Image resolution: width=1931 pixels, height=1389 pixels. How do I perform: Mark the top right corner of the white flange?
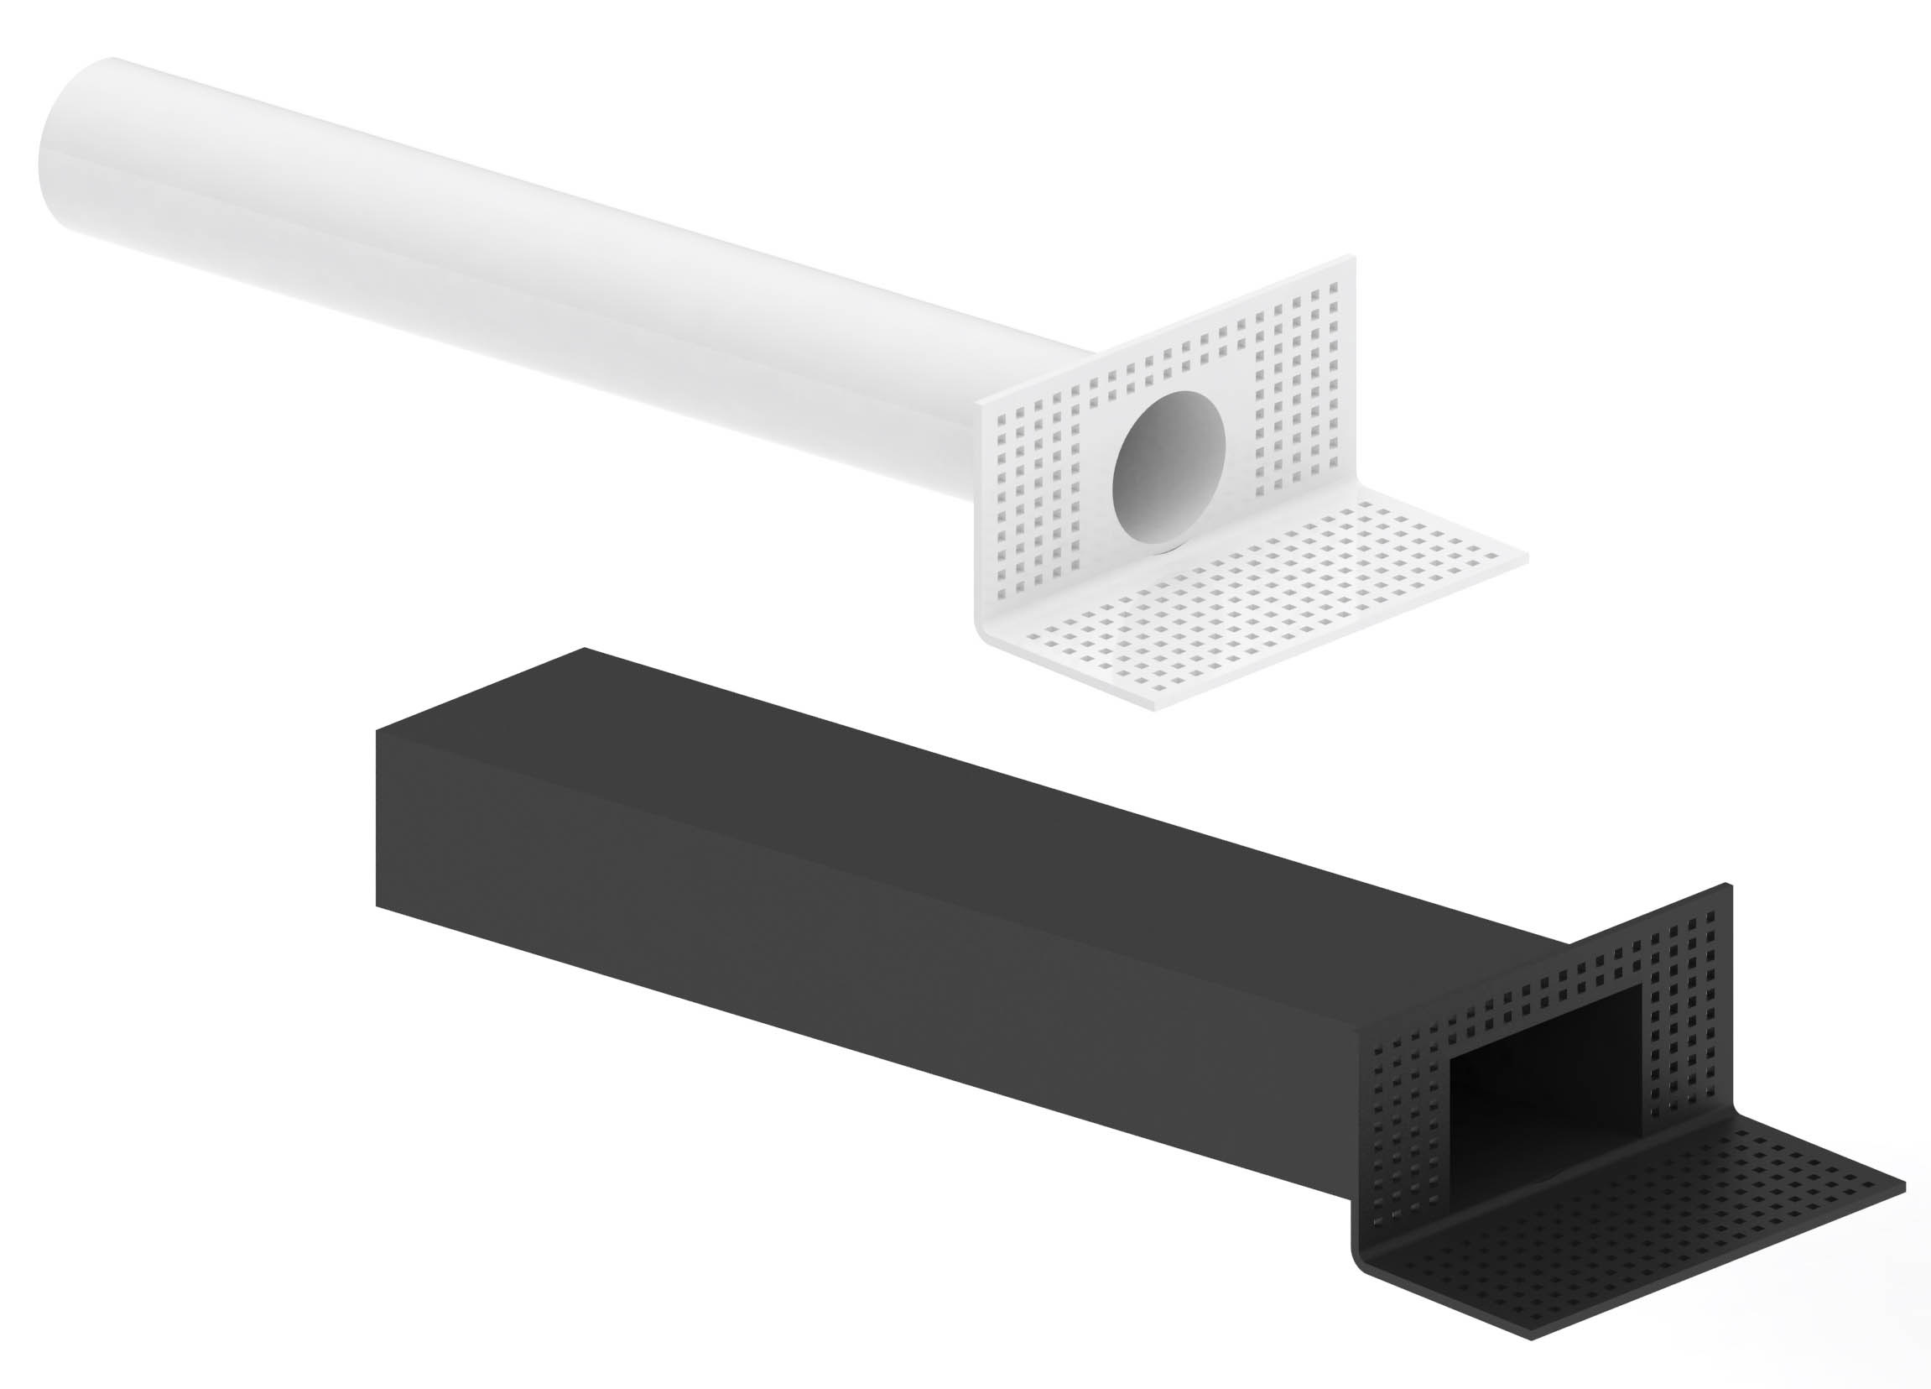click(1351, 256)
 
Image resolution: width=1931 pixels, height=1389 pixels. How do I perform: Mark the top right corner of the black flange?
click(1728, 885)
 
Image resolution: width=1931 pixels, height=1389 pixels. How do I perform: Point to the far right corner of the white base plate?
click(1527, 558)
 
